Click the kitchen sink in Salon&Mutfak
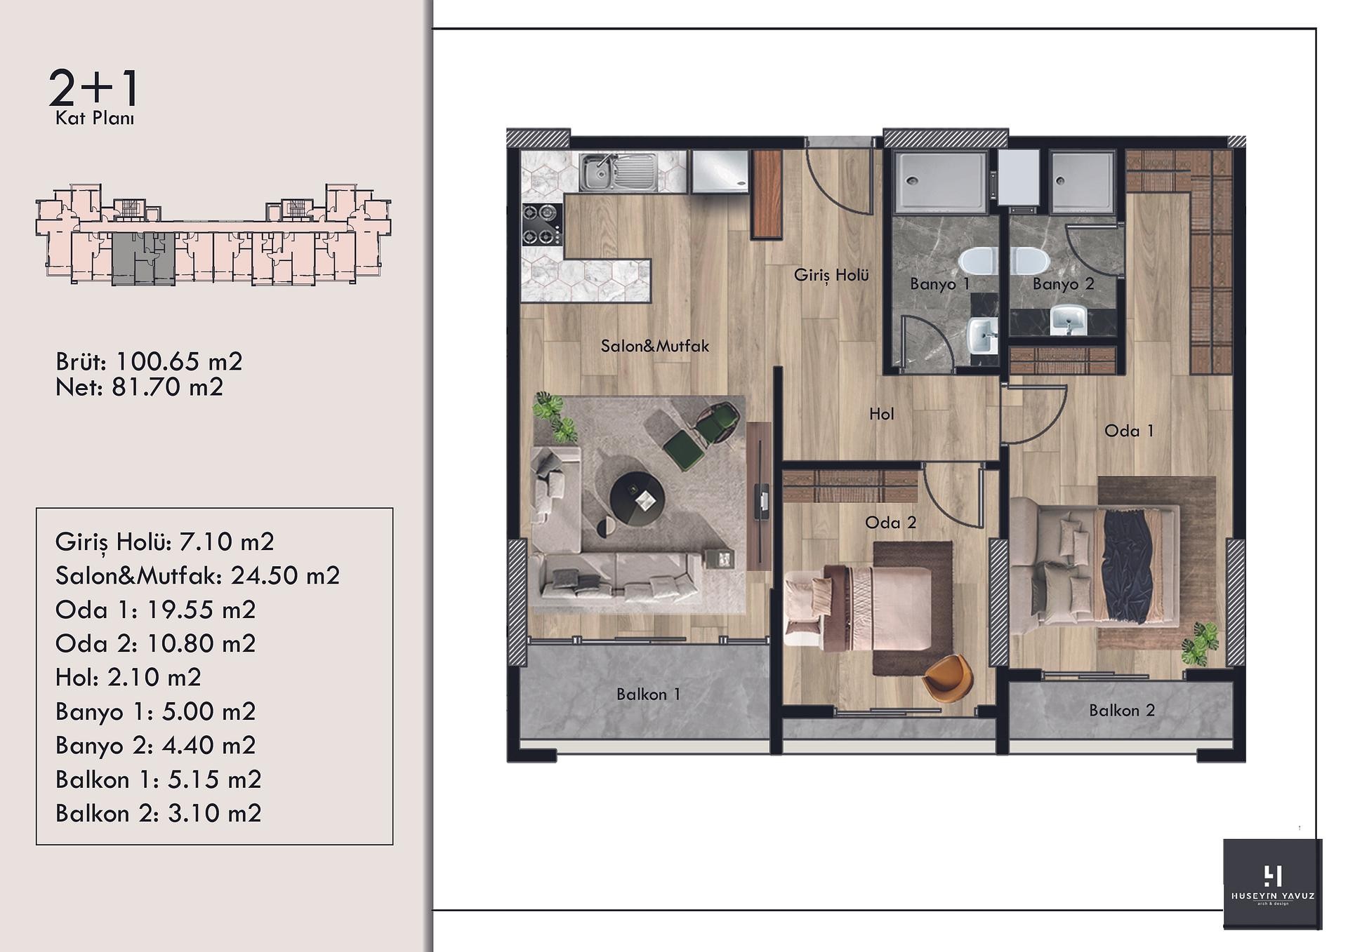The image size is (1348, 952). point(619,172)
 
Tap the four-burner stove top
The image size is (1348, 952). point(542,224)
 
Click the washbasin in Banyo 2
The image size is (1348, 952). point(1069,320)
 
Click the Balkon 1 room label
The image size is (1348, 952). point(648,695)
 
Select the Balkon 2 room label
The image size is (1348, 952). point(1122,711)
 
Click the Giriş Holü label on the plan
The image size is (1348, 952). point(831,275)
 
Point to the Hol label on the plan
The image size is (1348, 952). point(881,414)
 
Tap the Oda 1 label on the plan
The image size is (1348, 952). point(1129,431)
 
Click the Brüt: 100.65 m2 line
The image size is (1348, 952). point(149,362)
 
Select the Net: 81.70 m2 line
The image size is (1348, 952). point(139,387)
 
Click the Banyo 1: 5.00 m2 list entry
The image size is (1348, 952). point(155,712)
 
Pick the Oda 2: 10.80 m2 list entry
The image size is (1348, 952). point(155,644)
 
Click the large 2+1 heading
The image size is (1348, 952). point(94,88)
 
